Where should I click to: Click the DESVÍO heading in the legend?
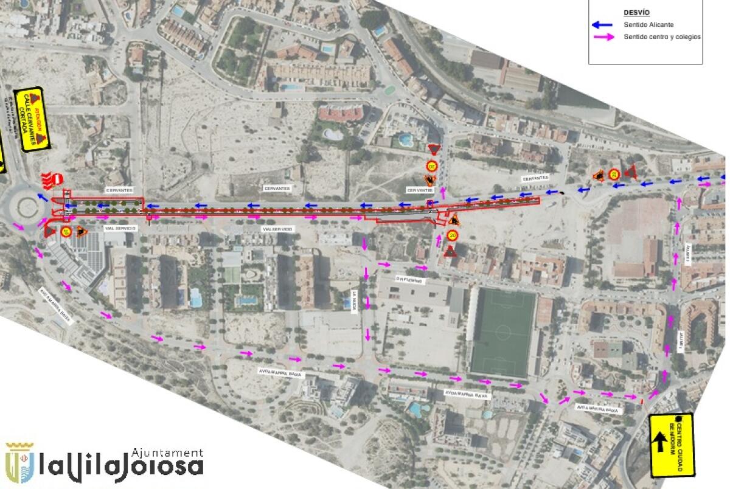pyautogui.click(x=636, y=12)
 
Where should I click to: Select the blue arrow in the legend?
pyautogui.click(x=603, y=25)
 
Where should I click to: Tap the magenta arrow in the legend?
pyautogui.click(x=603, y=37)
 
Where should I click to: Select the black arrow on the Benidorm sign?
pyautogui.click(x=658, y=442)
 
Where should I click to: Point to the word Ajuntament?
pyautogui.click(x=167, y=453)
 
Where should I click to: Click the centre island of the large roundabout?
pyautogui.click(x=27, y=207)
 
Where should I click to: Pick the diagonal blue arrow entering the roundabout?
pyautogui.click(x=43, y=196)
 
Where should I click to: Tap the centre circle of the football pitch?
pyautogui.click(x=502, y=332)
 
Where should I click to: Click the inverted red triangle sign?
pyautogui.click(x=433, y=150)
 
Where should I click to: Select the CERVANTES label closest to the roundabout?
pyautogui.click(x=119, y=190)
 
